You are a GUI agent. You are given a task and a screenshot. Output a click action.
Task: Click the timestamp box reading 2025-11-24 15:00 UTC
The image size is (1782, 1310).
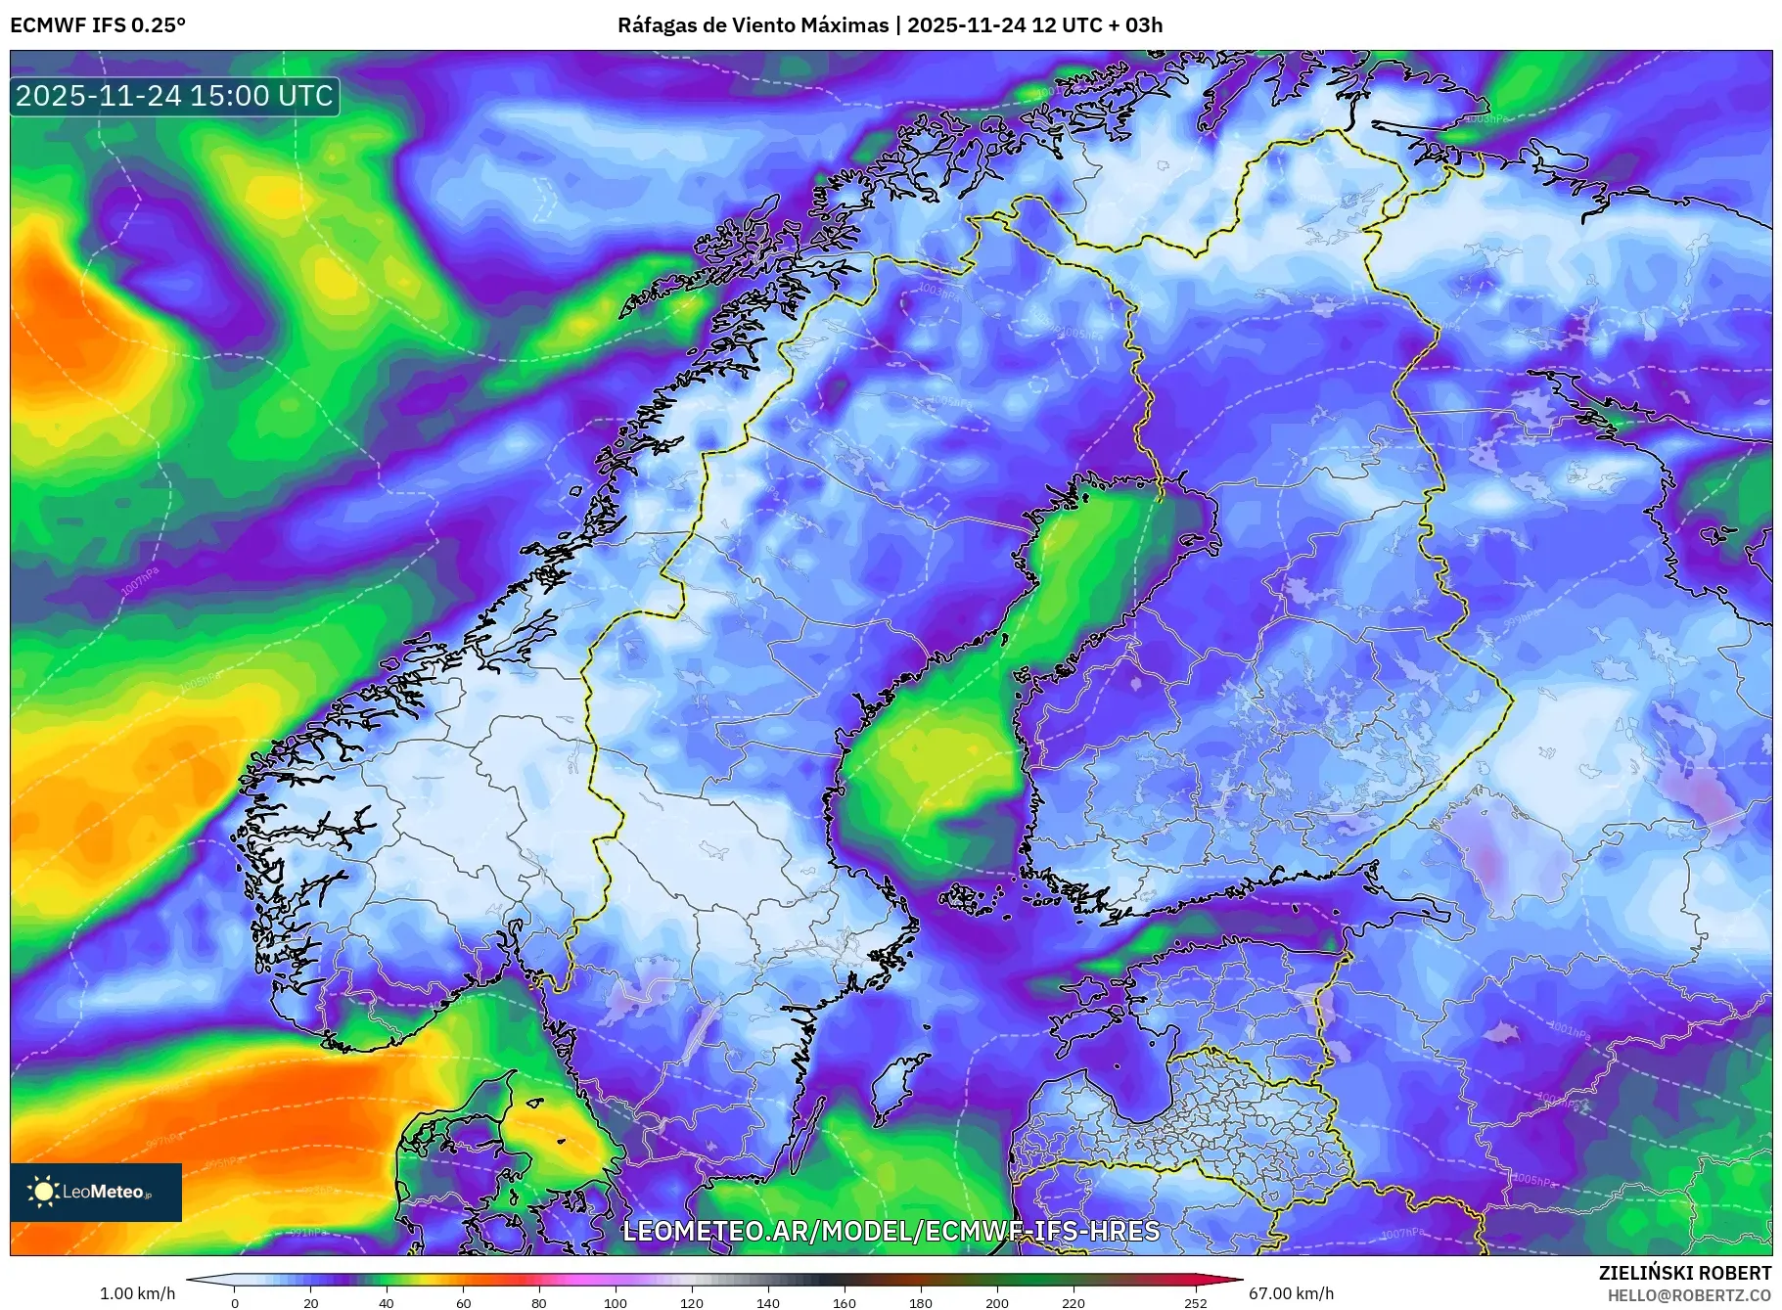click(x=174, y=96)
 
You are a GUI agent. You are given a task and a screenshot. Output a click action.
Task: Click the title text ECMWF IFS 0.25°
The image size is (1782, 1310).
click(x=98, y=25)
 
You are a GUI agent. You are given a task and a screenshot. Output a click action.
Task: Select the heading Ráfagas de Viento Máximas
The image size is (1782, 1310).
click(x=753, y=25)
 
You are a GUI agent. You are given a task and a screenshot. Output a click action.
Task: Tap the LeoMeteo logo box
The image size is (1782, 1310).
click(x=96, y=1192)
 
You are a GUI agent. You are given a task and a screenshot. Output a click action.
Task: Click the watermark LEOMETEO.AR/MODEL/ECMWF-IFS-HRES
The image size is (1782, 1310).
click(x=891, y=1231)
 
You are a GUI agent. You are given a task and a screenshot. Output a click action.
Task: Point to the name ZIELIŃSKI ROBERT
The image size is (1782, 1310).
click(x=1684, y=1273)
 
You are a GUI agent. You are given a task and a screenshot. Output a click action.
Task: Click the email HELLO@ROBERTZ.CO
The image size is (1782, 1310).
click(x=1689, y=1295)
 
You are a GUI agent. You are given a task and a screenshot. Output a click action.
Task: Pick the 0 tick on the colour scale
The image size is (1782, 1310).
click(x=235, y=1302)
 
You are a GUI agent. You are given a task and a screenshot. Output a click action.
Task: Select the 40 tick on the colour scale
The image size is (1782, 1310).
click(x=387, y=1302)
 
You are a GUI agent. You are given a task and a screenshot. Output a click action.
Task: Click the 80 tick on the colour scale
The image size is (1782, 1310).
click(x=538, y=1302)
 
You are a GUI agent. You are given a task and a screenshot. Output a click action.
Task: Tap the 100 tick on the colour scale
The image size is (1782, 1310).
click(x=615, y=1302)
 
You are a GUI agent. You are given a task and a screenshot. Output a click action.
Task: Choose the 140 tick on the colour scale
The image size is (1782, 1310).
click(x=767, y=1302)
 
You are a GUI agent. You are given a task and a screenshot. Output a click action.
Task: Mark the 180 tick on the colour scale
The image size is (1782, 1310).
click(x=920, y=1302)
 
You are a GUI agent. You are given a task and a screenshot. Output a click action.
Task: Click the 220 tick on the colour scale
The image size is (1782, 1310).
click(x=1073, y=1302)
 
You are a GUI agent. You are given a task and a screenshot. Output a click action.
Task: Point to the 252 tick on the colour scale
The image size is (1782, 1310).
click(x=1195, y=1302)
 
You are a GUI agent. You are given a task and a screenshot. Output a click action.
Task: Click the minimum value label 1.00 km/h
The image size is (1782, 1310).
click(x=137, y=1293)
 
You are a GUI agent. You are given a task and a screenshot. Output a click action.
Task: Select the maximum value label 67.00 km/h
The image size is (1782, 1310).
click(x=1291, y=1293)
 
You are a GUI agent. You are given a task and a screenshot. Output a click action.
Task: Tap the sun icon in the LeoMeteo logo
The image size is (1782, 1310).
click(x=44, y=1192)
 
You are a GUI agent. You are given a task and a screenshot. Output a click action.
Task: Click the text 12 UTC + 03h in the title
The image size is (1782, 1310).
click(x=1097, y=25)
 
